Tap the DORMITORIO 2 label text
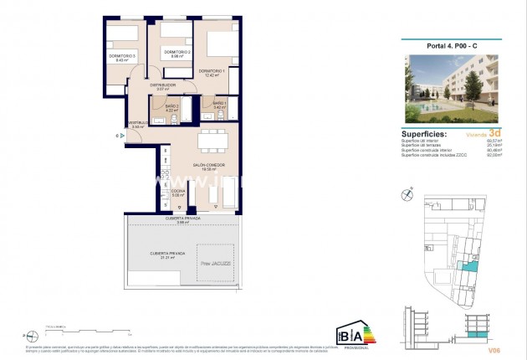click(177, 53)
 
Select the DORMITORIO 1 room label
click(212, 70)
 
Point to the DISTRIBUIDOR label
click(162, 85)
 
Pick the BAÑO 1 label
click(219, 103)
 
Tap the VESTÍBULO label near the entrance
click(138, 123)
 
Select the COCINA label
click(177, 191)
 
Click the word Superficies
click(424, 133)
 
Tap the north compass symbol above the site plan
click(407, 193)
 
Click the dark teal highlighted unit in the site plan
click(473, 266)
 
